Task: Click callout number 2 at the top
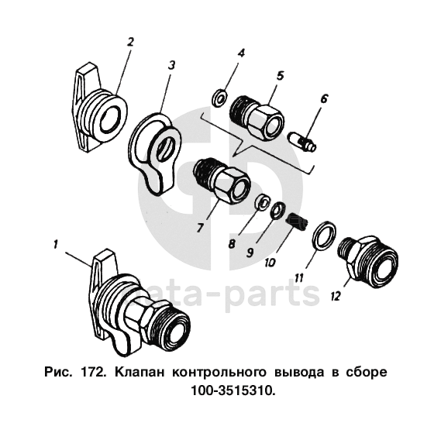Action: pos(130,42)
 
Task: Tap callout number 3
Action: pos(171,65)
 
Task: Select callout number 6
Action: pos(324,98)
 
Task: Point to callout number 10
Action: pos(270,262)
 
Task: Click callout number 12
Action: pos(336,296)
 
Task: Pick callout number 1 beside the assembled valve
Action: pos(56,244)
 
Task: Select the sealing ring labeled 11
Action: pos(324,236)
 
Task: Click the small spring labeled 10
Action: pos(297,222)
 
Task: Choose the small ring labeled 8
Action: pos(263,201)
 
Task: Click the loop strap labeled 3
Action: pos(156,152)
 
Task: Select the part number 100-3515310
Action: pos(233,390)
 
